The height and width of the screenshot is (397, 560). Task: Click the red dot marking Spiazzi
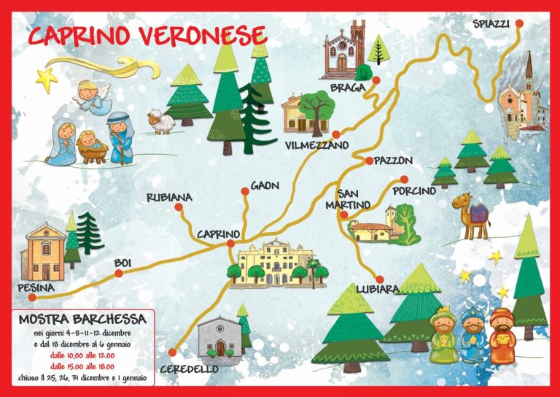[x=519, y=23]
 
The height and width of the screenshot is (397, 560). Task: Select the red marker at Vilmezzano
[x=335, y=134]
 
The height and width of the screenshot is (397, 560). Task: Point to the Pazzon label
[x=394, y=161]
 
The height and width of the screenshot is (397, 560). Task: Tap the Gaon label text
[x=265, y=186]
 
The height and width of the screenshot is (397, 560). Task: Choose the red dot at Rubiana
[x=179, y=209]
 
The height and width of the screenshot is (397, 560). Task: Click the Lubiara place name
[x=377, y=290]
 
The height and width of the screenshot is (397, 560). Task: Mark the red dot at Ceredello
[x=173, y=352]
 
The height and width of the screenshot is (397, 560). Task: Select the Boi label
[x=122, y=263]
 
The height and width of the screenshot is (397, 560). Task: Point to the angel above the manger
[x=92, y=96]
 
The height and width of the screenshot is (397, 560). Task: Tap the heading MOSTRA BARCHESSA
[x=82, y=319]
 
